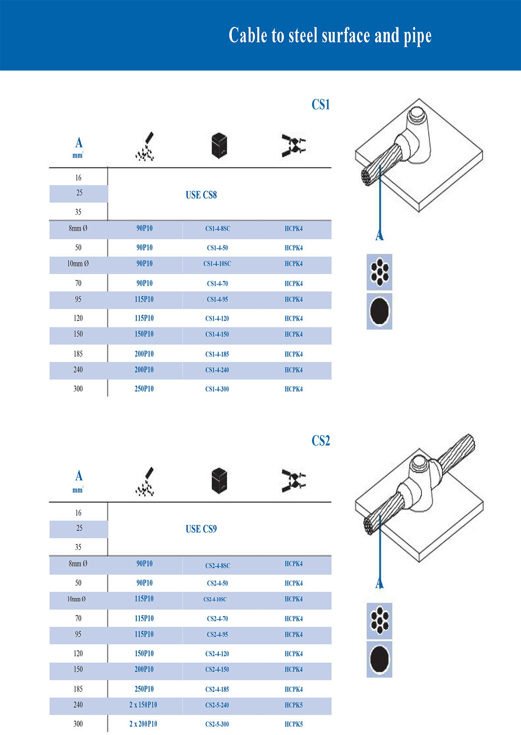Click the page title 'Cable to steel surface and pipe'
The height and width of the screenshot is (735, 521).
tap(330, 36)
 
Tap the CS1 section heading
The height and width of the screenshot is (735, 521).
tap(321, 105)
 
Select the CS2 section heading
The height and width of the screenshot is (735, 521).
tap(321, 441)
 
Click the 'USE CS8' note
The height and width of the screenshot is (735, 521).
tap(201, 195)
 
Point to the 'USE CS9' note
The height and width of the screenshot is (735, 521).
tap(201, 529)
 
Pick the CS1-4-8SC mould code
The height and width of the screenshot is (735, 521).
tap(218, 229)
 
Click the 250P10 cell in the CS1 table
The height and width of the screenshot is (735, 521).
tap(144, 389)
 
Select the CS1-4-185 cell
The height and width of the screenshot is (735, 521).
tap(217, 354)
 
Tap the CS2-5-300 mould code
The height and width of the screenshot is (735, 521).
tap(217, 724)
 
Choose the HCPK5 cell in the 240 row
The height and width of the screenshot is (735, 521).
tap(293, 705)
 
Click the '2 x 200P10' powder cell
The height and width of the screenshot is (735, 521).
tap(143, 724)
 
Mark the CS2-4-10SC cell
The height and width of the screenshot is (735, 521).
tap(215, 600)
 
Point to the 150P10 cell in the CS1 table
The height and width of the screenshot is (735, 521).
tap(144, 334)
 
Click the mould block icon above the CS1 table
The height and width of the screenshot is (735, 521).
tap(219, 145)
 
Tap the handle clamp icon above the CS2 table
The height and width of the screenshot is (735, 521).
tap(294, 481)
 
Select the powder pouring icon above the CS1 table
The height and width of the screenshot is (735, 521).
tap(145, 146)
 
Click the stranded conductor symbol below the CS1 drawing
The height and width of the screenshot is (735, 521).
tap(379, 272)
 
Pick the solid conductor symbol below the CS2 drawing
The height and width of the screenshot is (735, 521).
tap(379, 659)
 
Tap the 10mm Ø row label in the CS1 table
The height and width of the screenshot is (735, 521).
tap(78, 264)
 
